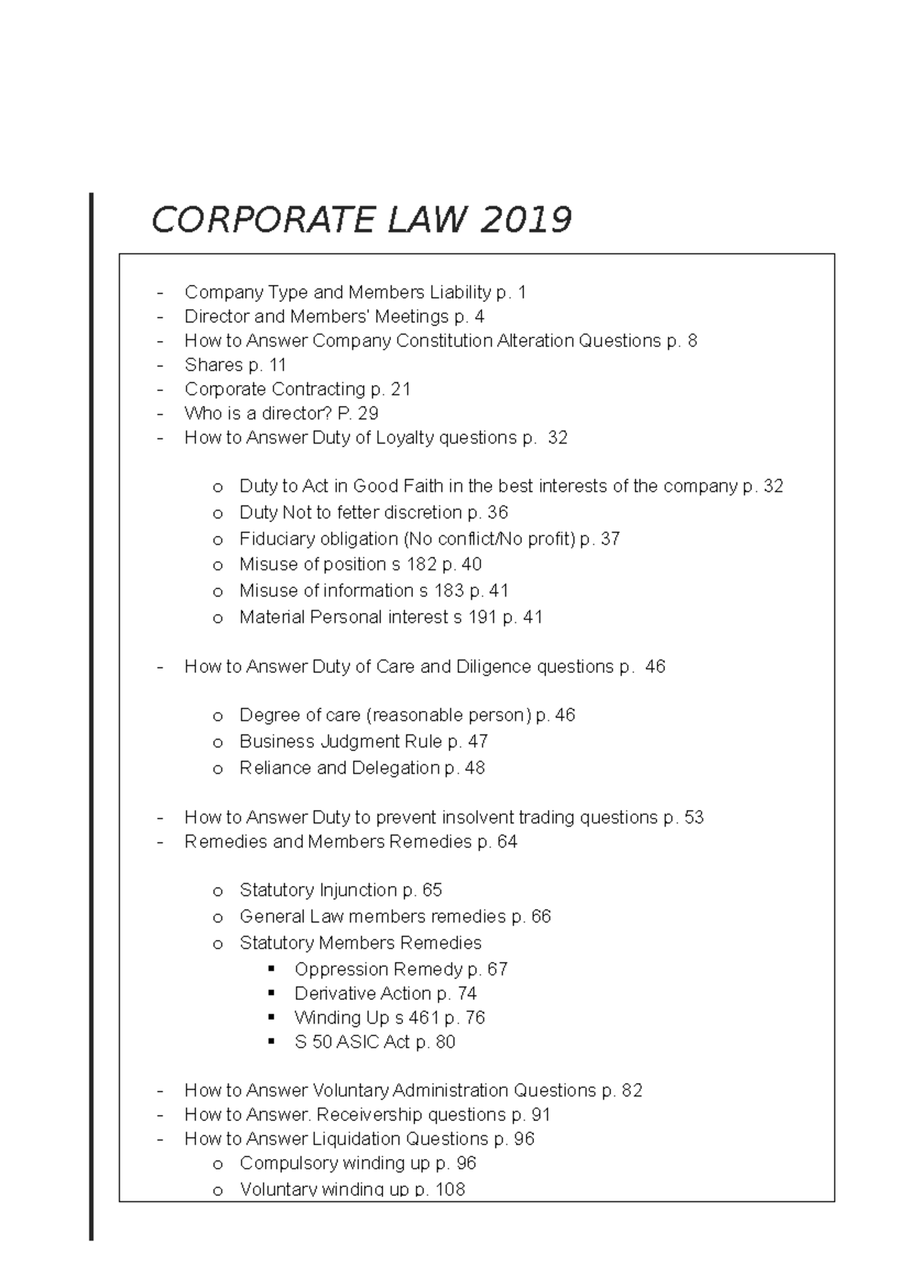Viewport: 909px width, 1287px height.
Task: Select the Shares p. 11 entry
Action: pos(235,365)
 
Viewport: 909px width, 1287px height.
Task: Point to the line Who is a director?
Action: pos(281,413)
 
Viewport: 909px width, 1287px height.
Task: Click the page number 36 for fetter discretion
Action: pos(498,512)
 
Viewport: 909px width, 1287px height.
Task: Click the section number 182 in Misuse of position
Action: pos(421,565)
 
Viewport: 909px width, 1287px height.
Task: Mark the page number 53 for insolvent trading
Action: pos(694,817)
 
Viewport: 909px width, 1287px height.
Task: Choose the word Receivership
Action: pos(369,1114)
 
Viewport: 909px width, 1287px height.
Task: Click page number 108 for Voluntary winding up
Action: pos(450,1189)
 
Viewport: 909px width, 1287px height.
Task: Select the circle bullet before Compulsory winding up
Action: pos(218,1164)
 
